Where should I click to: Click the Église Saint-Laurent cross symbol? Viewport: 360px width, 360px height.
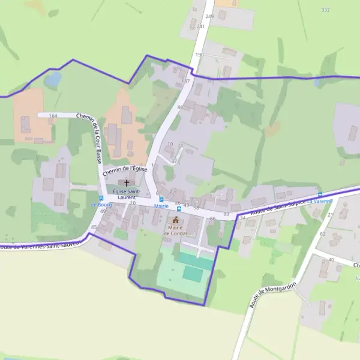click(127, 182)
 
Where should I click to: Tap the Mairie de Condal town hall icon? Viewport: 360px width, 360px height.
click(176, 220)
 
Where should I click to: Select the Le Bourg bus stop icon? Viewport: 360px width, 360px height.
click(101, 197)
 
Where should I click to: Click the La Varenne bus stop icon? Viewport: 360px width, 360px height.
click(320, 194)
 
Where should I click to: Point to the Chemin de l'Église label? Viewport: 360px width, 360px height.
click(125, 171)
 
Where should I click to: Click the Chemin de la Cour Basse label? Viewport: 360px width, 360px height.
click(88, 139)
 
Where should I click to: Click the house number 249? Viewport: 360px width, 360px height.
click(209, 17)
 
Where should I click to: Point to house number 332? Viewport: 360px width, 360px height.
click(325, 10)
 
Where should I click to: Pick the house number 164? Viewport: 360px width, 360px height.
click(53, 116)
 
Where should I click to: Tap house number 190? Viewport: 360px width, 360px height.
click(200, 55)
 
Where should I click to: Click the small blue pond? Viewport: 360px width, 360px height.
click(53, 79)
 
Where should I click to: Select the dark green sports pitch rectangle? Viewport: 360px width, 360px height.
click(193, 274)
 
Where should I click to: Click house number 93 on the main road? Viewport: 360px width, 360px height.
click(226, 214)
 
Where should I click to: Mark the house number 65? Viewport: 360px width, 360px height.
click(94, 227)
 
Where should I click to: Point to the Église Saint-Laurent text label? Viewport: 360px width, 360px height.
click(127, 194)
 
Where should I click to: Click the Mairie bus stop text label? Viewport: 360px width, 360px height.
click(161, 206)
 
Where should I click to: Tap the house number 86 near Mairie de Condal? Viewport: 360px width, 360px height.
click(213, 219)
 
